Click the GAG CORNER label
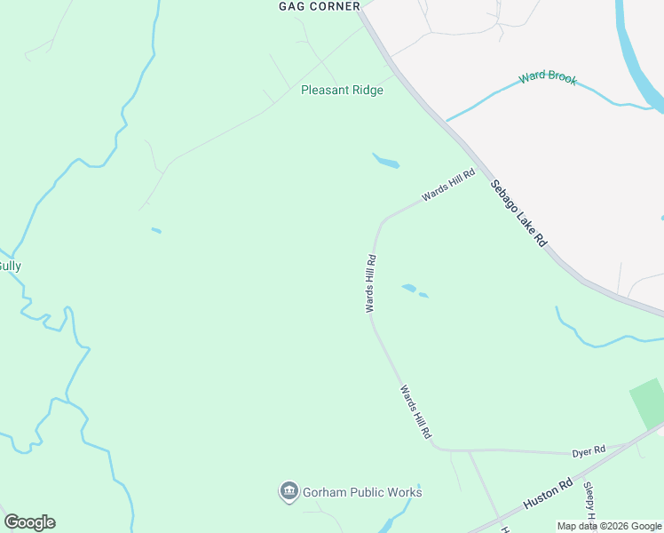pyautogui.click(x=319, y=6)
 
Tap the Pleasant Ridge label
pyautogui.click(x=342, y=90)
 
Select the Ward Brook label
pyautogui.click(x=548, y=77)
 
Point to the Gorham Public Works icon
pyautogui.click(x=289, y=491)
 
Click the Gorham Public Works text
pyautogui.click(x=362, y=492)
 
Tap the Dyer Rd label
pyautogui.click(x=588, y=449)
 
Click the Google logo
pyautogui.click(x=29, y=522)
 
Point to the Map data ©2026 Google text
pyautogui.click(x=609, y=526)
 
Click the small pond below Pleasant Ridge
pyautogui.click(x=386, y=161)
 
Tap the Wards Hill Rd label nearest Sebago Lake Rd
pyautogui.click(x=448, y=185)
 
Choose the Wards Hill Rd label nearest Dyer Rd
pyautogui.click(x=415, y=411)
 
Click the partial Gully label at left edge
pyautogui.click(x=10, y=266)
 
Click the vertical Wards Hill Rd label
pyautogui.click(x=371, y=283)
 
